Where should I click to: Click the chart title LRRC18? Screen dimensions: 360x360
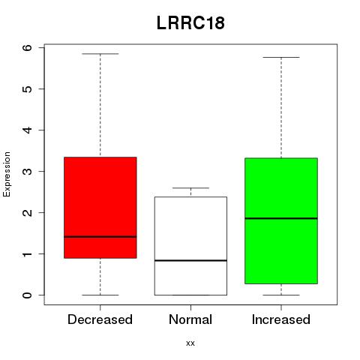(x=190, y=23)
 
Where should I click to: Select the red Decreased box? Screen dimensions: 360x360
(x=100, y=208)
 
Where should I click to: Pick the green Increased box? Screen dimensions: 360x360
(x=281, y=220)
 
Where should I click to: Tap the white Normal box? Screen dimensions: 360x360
(x=190, y=246)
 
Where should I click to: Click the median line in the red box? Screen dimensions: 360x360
(x=100, y=236)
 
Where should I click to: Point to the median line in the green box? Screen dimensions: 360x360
(x=281, y=218)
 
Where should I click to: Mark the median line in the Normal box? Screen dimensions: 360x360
(x=190, y=260)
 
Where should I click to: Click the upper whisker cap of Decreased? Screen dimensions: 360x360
(x=100, y=54)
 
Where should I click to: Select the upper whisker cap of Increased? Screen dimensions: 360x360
(x=281, y=57)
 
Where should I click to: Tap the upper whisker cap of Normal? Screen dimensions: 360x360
(x=190, y=187)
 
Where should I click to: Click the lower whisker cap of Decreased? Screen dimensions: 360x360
(x=100, y=295)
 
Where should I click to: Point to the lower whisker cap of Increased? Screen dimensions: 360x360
(x=281, y=295)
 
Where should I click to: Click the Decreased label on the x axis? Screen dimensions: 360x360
(x=100, y=319)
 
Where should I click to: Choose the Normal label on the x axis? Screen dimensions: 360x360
(x=190, y=319)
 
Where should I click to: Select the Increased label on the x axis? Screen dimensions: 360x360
(x=281, y=319)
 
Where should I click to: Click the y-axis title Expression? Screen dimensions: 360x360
(x=7, y=174)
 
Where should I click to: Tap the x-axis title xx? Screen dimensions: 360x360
(x=190, y=343)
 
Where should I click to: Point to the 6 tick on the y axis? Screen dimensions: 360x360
(x=27, y=47)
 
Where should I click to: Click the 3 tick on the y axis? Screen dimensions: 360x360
(x=27, y=171)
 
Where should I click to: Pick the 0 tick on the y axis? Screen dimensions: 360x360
(x=27, y=295)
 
